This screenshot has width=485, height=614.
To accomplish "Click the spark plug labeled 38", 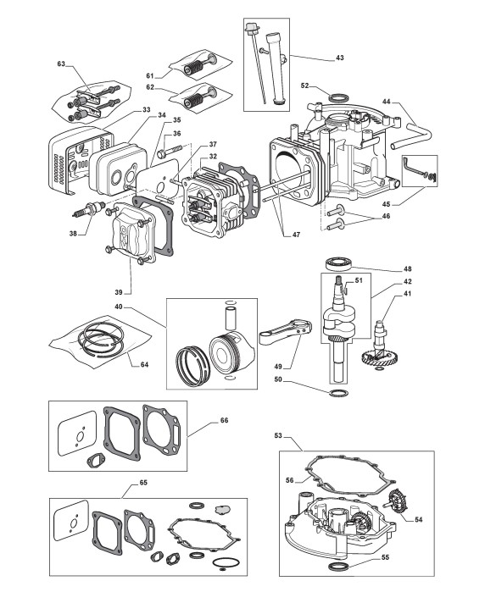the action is [x=90, y=208].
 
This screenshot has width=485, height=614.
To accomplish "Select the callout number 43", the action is [x=339, y=58].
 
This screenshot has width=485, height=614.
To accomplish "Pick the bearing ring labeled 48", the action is [x=338, y=263].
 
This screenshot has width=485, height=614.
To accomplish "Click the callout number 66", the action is [x=224, y=420].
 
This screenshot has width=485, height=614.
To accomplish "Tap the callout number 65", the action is [x=143, y=483].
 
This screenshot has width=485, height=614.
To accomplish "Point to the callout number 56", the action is [x=289, y=480].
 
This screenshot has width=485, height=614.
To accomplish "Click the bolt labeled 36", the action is [x=170, y=151].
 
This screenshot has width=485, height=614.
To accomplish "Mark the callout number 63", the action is [x=61, y=64].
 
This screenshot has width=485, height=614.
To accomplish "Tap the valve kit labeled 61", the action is [x=200, y=64].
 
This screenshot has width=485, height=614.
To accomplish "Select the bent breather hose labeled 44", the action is [x=411, y=136].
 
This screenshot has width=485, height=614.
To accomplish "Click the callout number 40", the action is [x=120, y=307].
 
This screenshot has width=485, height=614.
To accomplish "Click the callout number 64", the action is [x=144, y=364].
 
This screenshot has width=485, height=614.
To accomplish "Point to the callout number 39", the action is [x=119, y=292].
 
